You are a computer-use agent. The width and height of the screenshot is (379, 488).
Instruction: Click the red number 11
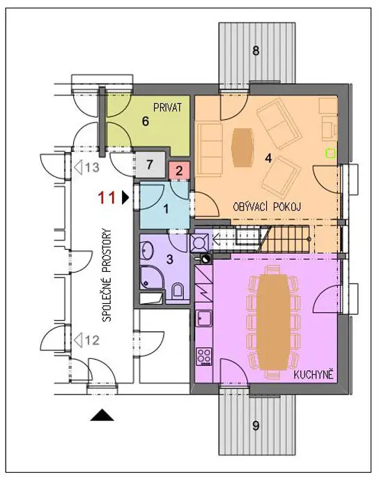click(x=107, y=197)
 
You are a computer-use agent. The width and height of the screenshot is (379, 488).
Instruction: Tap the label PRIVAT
click(x=168, y=107)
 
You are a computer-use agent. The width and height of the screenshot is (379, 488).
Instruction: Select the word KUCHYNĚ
click(x=314, y=375)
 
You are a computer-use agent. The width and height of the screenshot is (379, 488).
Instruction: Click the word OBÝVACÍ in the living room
click(x=251, y=206)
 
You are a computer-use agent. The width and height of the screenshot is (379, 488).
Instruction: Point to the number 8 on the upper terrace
click(x=256, y=50)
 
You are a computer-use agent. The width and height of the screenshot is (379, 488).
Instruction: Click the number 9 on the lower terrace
click(x=256, y=425)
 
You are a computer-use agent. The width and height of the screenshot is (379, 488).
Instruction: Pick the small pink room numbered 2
click(x=179, y=170)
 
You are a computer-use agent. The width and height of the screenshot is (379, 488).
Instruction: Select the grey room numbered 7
click(x=150, y=165)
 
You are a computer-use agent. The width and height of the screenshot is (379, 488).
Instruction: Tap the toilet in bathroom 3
click(x=178, y=290)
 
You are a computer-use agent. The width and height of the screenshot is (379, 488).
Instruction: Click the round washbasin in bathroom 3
click(x=146, y=250)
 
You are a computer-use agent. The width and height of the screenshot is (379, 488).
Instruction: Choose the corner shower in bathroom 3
click(x=150, y=278)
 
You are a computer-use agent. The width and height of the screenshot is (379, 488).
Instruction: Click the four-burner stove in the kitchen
click(x=204, y=356)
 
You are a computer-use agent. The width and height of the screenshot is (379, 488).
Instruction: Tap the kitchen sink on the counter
click(x=204, y=319)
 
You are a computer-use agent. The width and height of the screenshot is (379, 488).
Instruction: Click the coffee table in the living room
click(x=242, y=147)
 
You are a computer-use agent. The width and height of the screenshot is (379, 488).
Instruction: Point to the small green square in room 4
click(x=330, y=153)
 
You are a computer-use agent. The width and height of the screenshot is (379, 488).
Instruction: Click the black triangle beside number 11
click(x=125, y=197)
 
